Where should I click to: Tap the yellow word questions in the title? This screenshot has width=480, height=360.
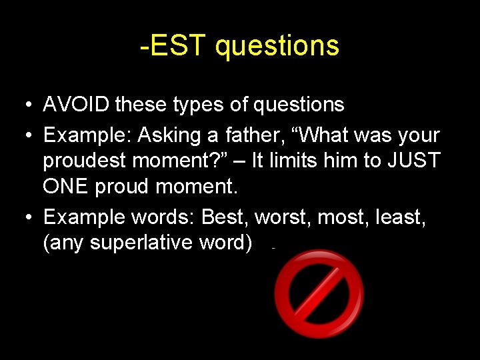[x=277, y=47]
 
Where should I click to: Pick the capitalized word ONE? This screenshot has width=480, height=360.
[x=66, y=187]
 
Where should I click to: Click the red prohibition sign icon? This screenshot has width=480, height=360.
[x=319, y=294]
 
